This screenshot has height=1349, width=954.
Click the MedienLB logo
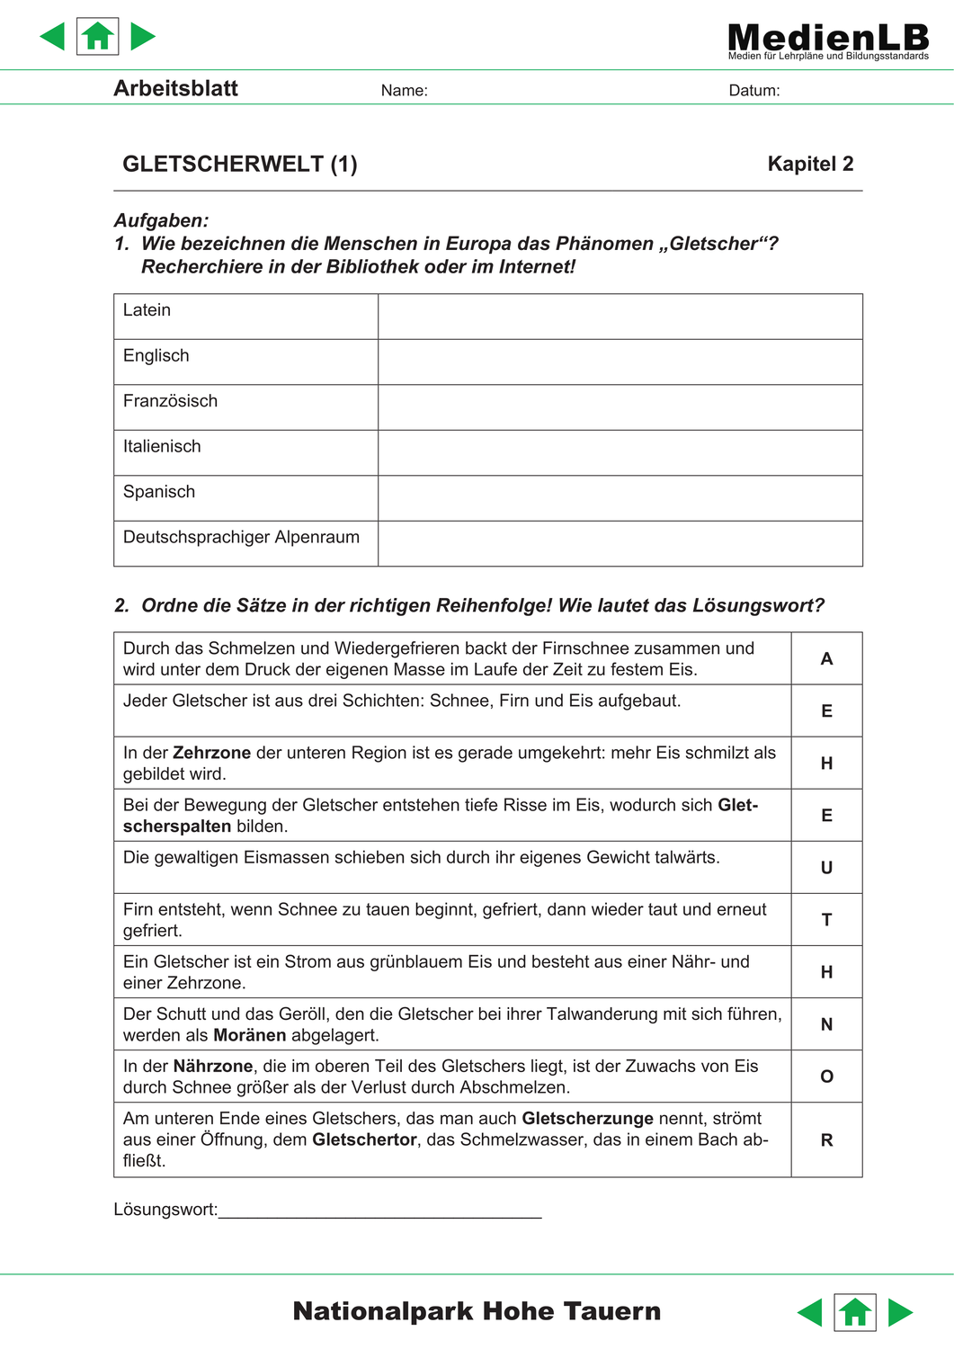(x=827, y=40)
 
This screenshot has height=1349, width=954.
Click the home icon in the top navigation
(x=98, y=37)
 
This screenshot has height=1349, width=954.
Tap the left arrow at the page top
(x=53, y=37)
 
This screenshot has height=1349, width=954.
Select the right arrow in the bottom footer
(x=900, y=1312)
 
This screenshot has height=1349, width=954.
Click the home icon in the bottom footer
(x=855, y=1312)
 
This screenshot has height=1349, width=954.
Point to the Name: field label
(x=404, y=90)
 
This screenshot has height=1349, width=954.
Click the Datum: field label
(x=753, y=90)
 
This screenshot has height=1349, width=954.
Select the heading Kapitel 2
(x=810, y=164)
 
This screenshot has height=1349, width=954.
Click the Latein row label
(x=147, y=310)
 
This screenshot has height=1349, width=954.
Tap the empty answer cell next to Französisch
(x=620, y=407)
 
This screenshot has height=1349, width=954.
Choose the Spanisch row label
(x=159, y=492)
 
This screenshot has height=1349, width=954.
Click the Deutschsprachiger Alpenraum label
(x=241, y=537)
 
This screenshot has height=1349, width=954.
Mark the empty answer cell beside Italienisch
(x=620, y=452)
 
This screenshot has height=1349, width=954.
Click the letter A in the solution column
(x=826, y=658)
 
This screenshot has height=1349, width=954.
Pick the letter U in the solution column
(x=826, y=868)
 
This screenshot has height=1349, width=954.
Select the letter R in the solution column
(x=826, y=1139)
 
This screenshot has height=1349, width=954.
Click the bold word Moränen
(x=250, y=1035)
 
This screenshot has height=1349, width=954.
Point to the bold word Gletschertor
(x=364, y=1139)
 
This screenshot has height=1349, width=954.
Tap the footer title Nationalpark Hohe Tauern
(x=477, y=1311)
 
